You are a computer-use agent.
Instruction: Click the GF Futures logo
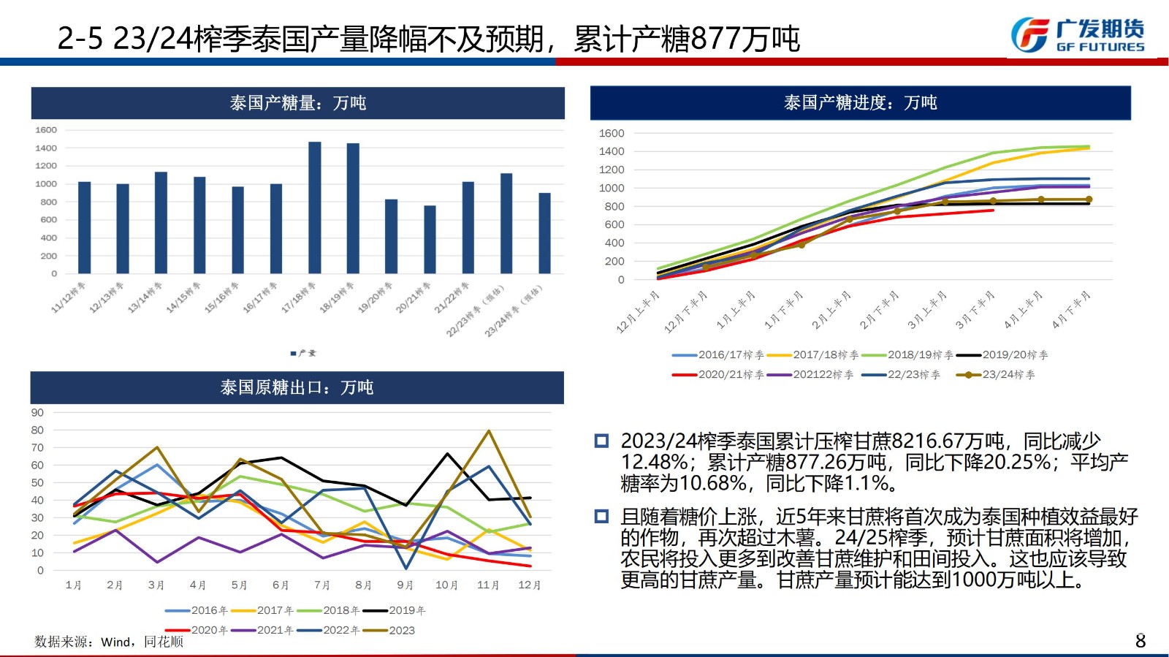tap(1077, 35)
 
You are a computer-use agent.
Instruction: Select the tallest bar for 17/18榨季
tap(315, 208)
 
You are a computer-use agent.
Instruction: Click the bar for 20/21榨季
tap(430, 240)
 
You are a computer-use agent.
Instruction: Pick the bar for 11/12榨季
tap(84, 227)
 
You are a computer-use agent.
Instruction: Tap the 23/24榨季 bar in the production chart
tap(544, 233)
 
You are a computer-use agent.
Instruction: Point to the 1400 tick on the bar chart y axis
tap(46, 148)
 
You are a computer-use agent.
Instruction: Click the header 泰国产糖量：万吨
tap(297, 103)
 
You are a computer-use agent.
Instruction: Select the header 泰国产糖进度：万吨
tap(860, 103)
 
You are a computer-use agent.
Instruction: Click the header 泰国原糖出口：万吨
tap(297, 387)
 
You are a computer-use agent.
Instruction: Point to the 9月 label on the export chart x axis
tap(405, 585)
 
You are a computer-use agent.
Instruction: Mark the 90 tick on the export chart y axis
tap(37, 412)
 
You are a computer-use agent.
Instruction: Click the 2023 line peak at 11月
tap(489, 431)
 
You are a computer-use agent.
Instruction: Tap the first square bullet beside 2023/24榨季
tap(601, 441)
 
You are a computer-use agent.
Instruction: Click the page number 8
tap(1140, 641)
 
